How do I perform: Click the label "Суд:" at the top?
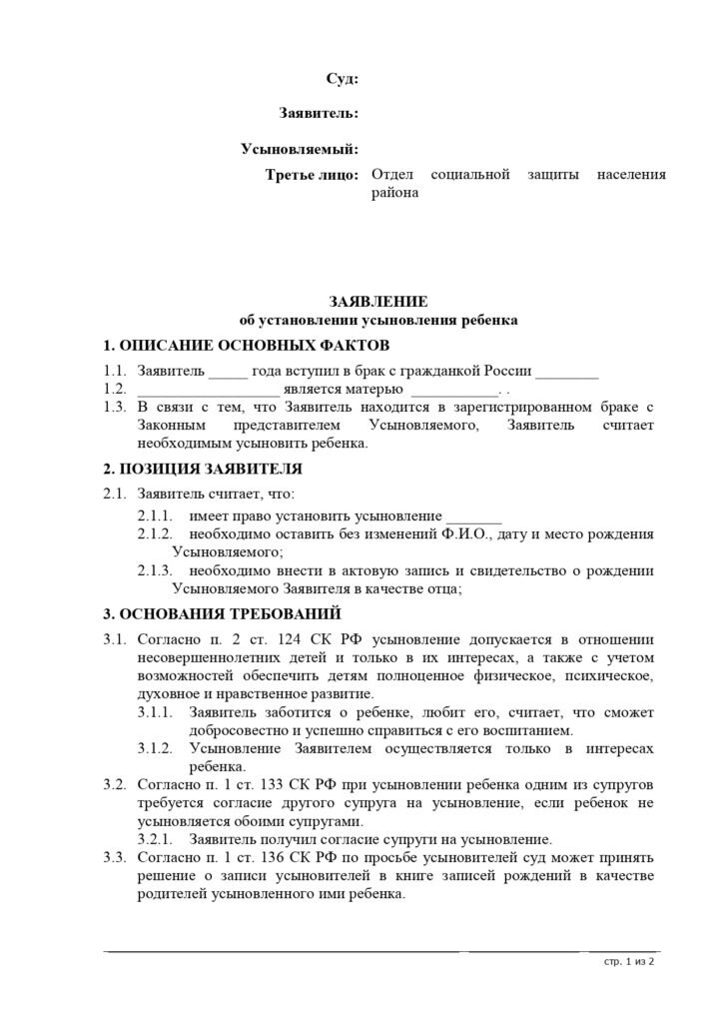pyautogui.click(x=343, y=79)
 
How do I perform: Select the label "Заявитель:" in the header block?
pyautogui.click(x=319, y=114)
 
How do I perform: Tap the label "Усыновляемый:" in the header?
pyautogui.click(x=300, y=150)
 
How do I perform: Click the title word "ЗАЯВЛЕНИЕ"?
pyautogui.click(x=378, y=301)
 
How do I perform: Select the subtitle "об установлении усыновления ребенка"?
pyautogui.click(x=378, y=321)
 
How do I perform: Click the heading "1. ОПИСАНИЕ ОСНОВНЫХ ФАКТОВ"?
pyautogui.click(x=249, y=347)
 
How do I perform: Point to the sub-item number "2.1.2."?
pyautogui.click(x=155, y=533)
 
